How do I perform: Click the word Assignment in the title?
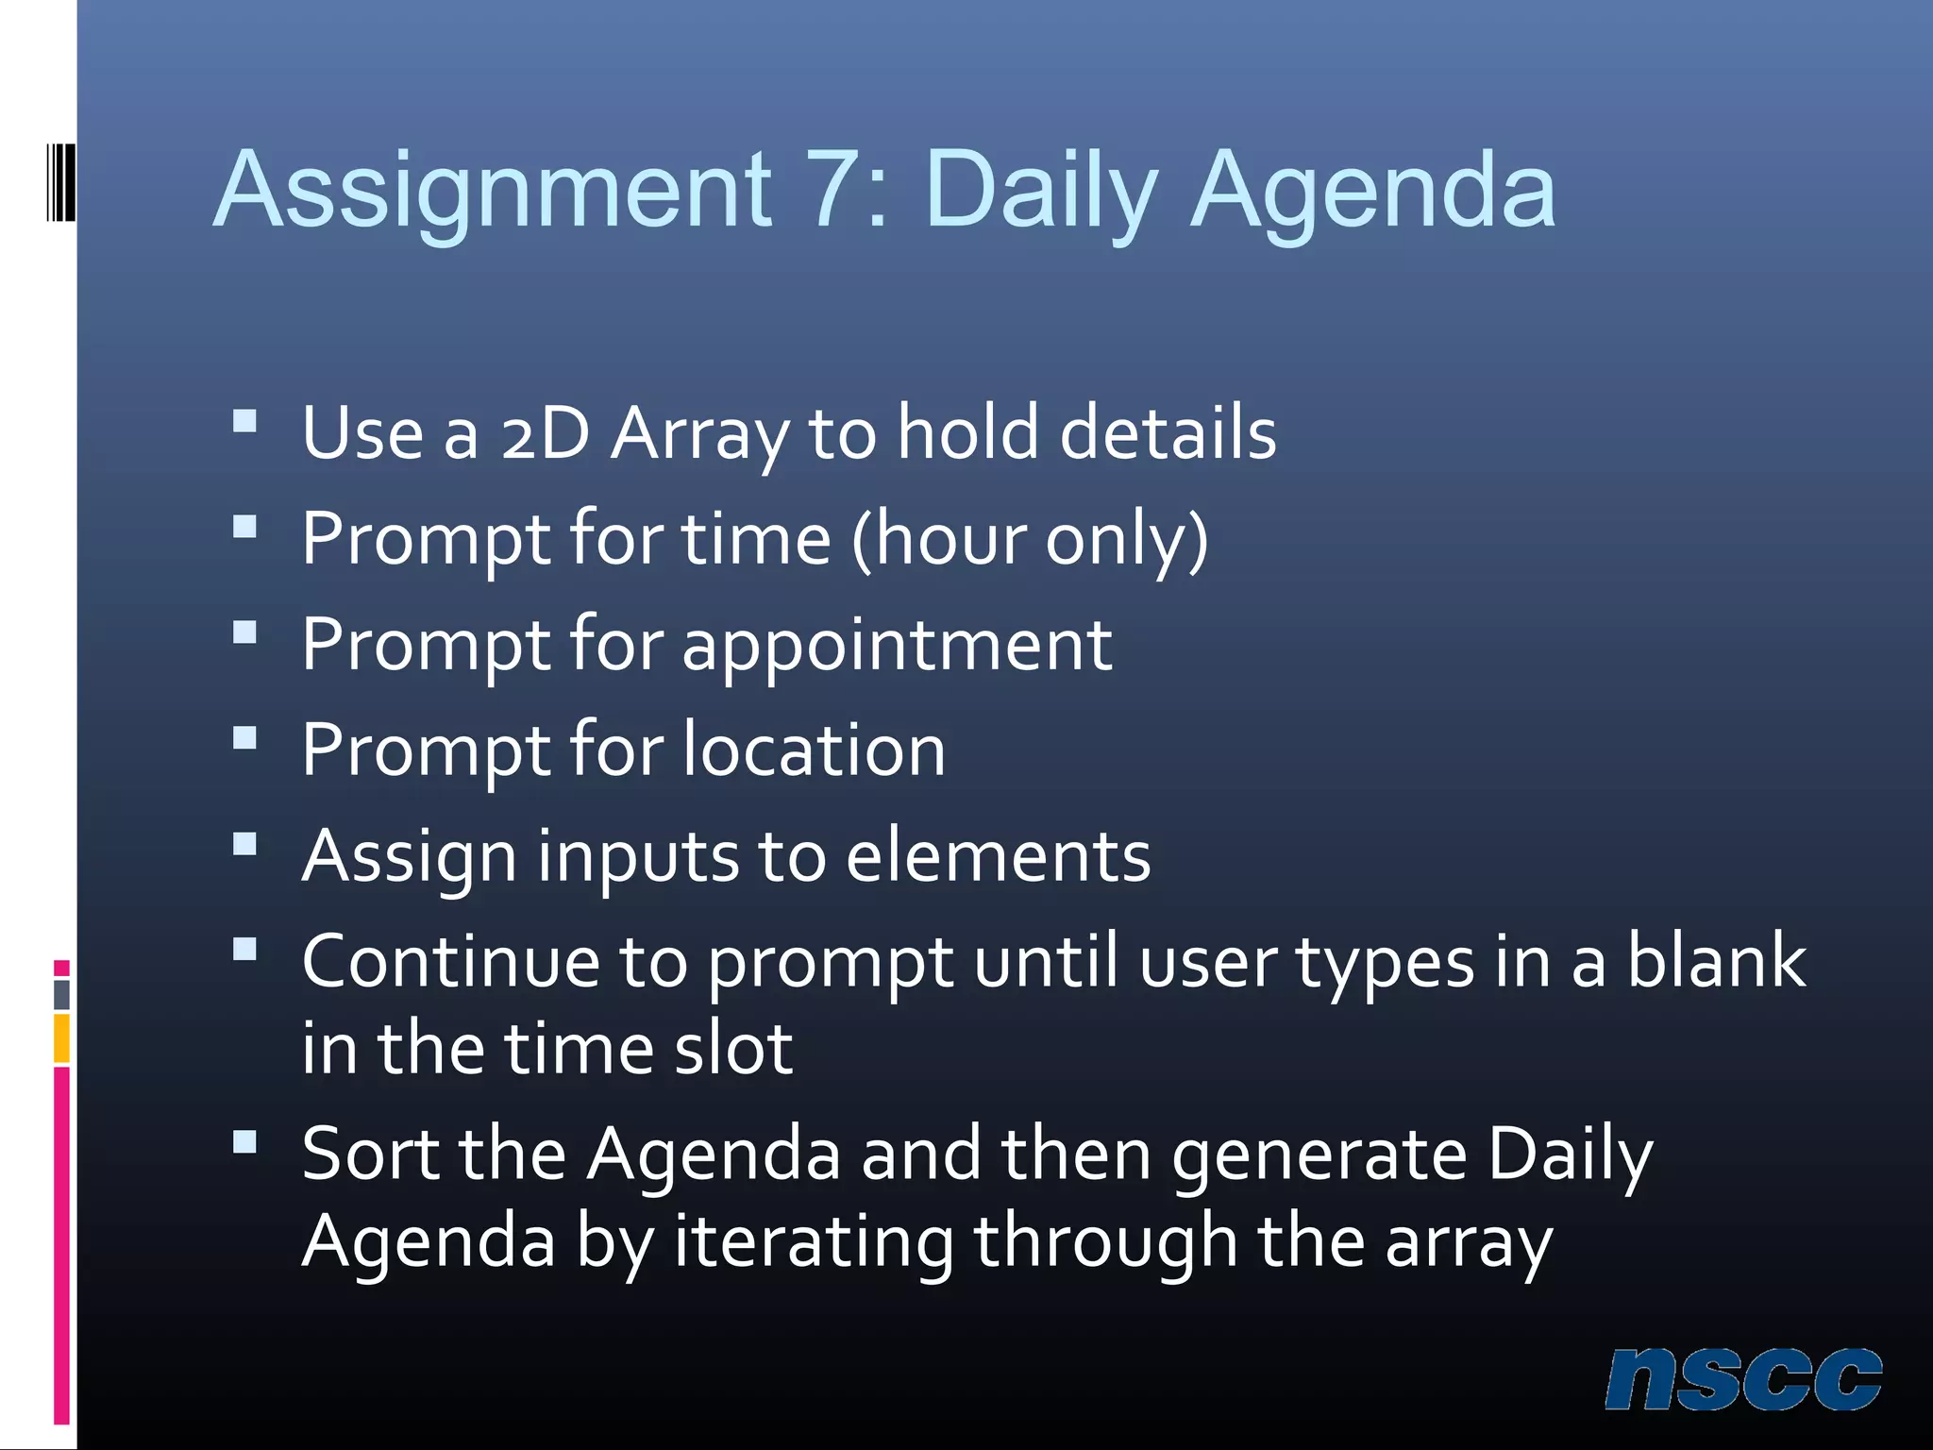[x=494, y=193]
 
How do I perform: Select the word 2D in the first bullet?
[x=546, y=433]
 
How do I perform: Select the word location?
[x=814, y=750]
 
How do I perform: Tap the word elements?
[x=998, y=856]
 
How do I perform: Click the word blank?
[x=1716, y=961]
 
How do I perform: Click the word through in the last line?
[x=1105, y=1242]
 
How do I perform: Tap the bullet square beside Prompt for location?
[x=244, y=737]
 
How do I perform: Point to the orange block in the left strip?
[x=61, y=1037]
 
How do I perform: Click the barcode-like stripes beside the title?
[x=61, y=182]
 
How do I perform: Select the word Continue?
[x=450, y=961]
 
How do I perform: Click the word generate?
[x=1319, y=1156]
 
